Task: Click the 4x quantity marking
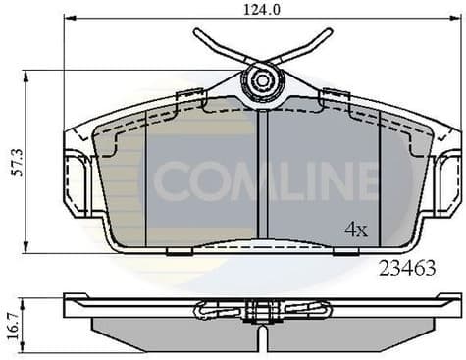coord(354,231)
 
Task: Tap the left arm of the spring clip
coord(217,45)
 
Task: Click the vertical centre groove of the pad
coord(262,177)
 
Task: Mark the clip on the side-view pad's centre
coord(262,311)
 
